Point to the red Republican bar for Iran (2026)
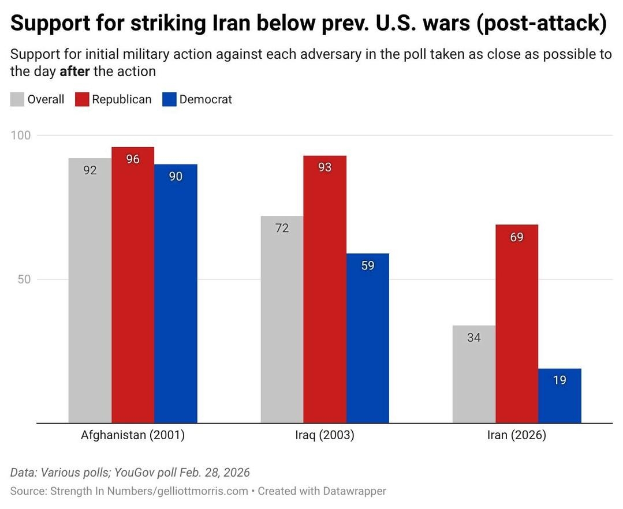click(x=517, y=324)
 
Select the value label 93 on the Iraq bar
click(x=324, y=167)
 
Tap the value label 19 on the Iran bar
click(x=559, y=380)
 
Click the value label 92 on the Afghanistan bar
click(x=89, y=170)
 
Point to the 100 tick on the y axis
click(x=21, y=136)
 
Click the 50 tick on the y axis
click(x=24, y=279)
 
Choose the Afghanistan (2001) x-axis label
click(x=133, y=435)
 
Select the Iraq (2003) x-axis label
click(x=324, y=435)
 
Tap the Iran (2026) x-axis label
click(x=516, y=435)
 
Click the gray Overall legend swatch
click(x=17, y=99)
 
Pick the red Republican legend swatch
click(x=82, y=99)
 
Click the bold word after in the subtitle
click(x=74, y=72)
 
